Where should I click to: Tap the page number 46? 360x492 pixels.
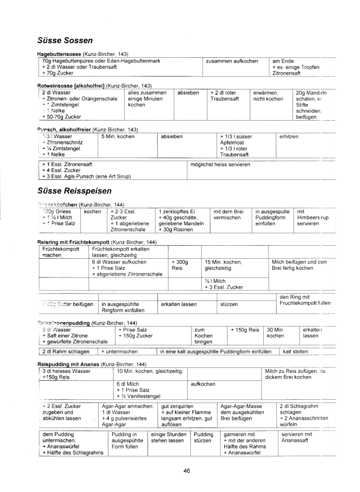(x=187, y=471)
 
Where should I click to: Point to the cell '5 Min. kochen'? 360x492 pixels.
(x=117, y=137)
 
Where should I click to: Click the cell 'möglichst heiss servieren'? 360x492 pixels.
(x=220, y=164)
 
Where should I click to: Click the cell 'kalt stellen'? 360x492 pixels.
(x=296, y=352)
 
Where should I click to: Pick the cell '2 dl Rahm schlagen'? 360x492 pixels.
(x=62, y=352)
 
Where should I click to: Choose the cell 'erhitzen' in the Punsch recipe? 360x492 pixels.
(x=289, y=137)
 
